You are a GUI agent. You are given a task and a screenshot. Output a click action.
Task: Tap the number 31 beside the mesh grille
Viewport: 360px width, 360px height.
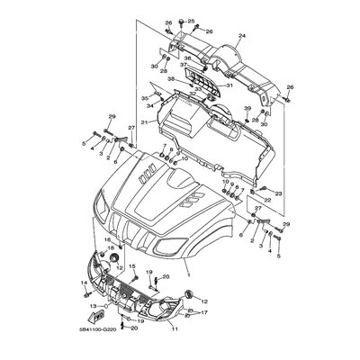pos(229,85)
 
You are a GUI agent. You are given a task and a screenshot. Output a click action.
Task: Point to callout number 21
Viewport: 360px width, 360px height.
pos(144,122)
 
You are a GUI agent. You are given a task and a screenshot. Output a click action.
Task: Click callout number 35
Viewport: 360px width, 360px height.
pos(143,96)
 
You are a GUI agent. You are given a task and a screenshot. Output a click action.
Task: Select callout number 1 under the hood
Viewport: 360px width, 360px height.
pos(188,269)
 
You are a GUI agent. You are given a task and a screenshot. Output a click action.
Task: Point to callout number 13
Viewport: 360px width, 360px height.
pos(91,306)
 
